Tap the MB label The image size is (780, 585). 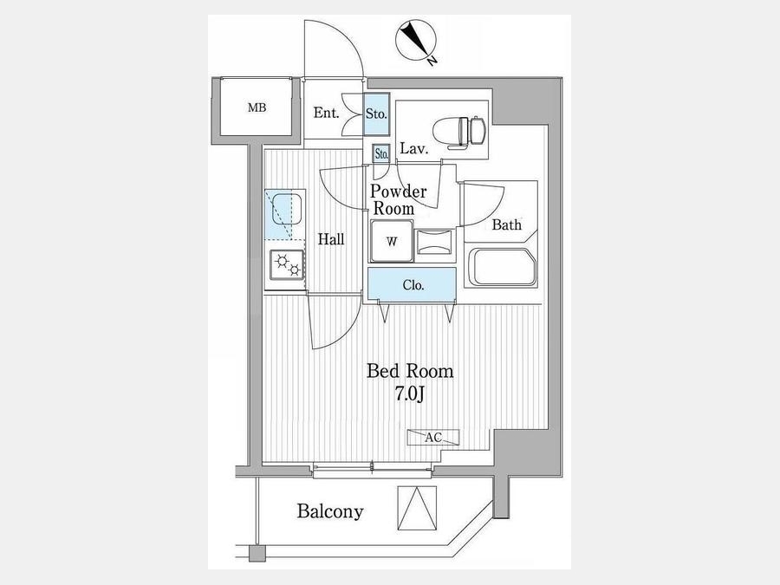click(x=257, y=107)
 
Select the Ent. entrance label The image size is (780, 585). click(x=326, y=113)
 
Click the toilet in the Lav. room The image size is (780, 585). click(x=458, y=133)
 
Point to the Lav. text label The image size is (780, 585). click(x=414, y=149)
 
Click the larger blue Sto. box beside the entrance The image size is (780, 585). click(x=376, y=114)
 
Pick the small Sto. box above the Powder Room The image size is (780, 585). click(x=381, y=153)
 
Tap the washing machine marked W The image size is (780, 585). click(x=392, y=242)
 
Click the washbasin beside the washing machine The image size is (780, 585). click(x=435, y=243)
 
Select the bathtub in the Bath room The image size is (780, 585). click(x=502, y=267)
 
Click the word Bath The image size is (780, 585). click(x=506, y=224)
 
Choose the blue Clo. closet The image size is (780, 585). click(x=412, y=285)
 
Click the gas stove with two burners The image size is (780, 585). click(x=287, y=264)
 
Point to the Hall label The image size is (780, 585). click(x=331, y=239)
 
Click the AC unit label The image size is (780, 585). click(x=432, y=438)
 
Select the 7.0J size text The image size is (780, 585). click(x=409, y=394)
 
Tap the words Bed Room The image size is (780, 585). click(x=410, y=371)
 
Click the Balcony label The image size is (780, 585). click(x=330, y=510)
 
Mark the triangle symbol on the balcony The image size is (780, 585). click(x=417, y=508)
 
